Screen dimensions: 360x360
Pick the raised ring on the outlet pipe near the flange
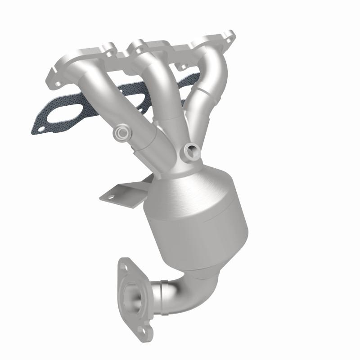click(155, 292)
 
